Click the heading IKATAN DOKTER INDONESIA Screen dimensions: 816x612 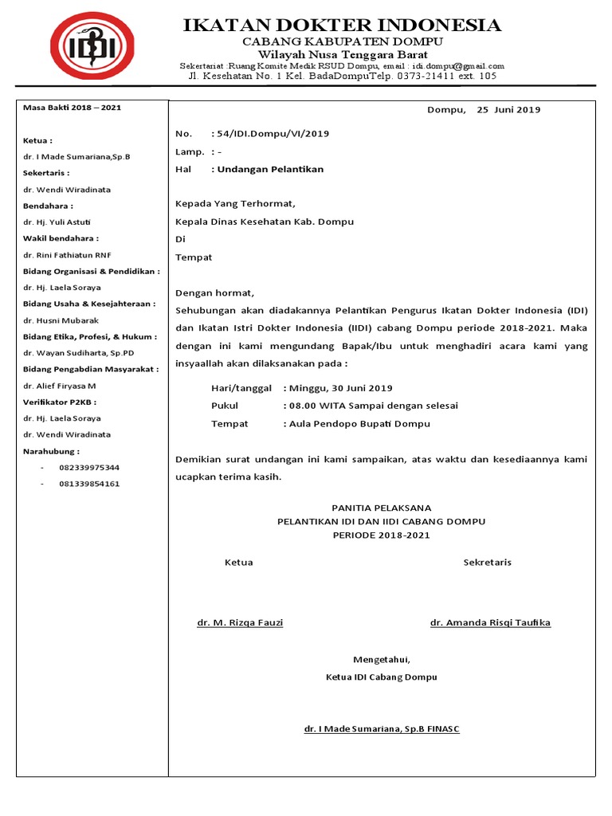click(x=343, y=25)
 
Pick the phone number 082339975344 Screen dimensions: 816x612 click(x=89, y=467)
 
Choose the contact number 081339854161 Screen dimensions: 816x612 click(x=89, y=484)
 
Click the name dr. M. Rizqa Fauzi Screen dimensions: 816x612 click(x=240, y=622)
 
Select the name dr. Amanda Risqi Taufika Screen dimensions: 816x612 click(x=490, y=622)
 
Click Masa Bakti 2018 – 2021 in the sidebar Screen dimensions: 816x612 click(x=73, y=107)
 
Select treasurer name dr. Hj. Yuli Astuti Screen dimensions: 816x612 click(x=57, y=222)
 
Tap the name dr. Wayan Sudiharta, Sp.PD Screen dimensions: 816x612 click(x=72, y=352)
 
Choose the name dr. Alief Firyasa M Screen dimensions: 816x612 click(x=60, y=385)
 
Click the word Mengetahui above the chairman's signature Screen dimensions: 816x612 click(x=382, y=659)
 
